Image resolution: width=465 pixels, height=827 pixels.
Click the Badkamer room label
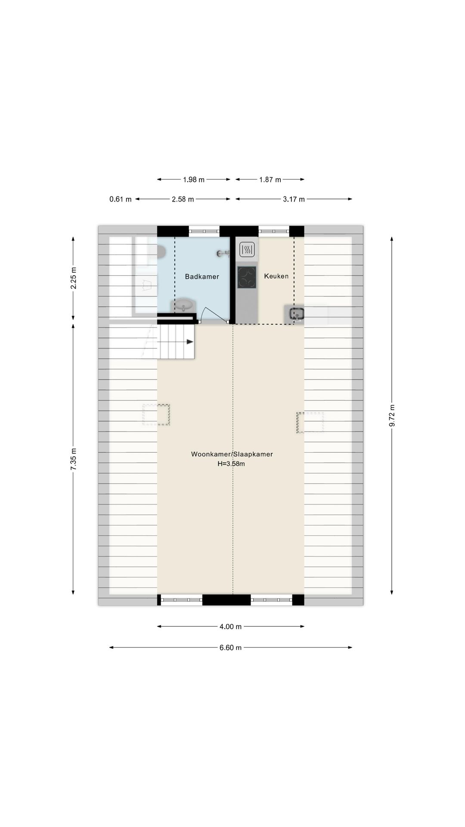coord(202,277)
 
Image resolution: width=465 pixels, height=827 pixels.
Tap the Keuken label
coord(276,276)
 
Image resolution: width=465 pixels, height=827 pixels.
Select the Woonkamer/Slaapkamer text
coord(232,454)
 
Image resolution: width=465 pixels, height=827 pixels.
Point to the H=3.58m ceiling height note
coord(231,464)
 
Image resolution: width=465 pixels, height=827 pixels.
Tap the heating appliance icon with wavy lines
coord(247,249)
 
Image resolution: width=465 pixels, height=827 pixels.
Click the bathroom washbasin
coord(185,306)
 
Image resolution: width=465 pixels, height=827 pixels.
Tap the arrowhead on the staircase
coord(190,342)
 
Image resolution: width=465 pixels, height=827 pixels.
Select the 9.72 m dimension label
coord(392,416)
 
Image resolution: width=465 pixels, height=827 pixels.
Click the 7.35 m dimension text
coord(73,459)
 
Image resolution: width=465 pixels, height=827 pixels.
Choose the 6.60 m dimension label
coord(230,647)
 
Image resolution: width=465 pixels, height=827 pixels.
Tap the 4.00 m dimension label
coord(230,627)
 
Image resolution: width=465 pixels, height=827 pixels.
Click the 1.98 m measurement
coord(194,180)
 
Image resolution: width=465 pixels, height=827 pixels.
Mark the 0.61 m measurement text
coord(121,199)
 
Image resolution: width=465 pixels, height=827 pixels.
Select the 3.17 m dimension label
coord(294,199)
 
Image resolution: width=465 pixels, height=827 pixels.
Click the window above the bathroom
coord(204,231)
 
